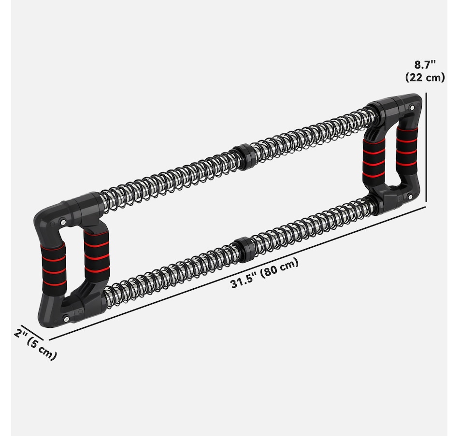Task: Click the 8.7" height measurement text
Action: pos(425,64)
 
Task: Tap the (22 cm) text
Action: pos(425,77)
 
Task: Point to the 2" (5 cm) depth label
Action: pos(35,344)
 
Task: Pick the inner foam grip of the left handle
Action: pos(95,254)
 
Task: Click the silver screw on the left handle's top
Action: pos(63,222)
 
